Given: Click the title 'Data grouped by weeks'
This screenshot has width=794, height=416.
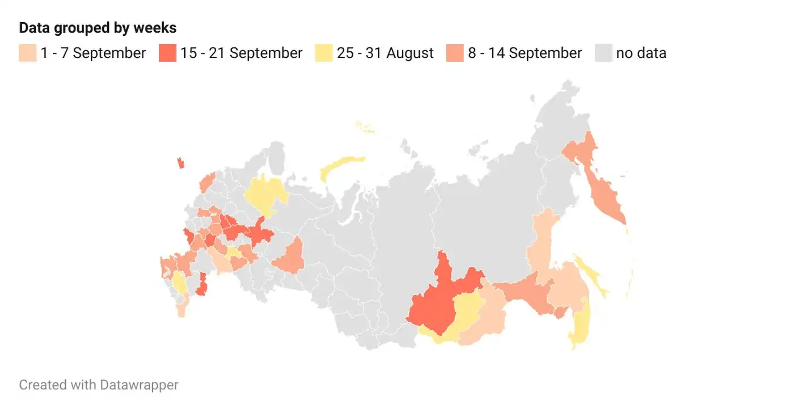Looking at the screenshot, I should [x=98, y=28].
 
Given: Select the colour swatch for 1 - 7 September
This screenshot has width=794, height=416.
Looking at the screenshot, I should [x=28, y=53].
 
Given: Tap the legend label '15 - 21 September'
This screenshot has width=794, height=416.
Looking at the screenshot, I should [x=241, y=53].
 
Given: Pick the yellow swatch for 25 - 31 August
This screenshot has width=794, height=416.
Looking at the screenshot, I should [x=323, y=53].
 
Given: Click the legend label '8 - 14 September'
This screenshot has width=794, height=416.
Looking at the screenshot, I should [x=525, y=53].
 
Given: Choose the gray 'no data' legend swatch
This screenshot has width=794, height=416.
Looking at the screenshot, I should [x=603, y=53].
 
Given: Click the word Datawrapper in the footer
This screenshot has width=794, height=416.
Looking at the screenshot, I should [x=139, y=385].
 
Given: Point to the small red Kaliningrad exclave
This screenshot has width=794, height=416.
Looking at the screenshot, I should [x=181, y=163].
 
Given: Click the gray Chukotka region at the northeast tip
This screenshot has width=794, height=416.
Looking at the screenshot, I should [x=559, y=114].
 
